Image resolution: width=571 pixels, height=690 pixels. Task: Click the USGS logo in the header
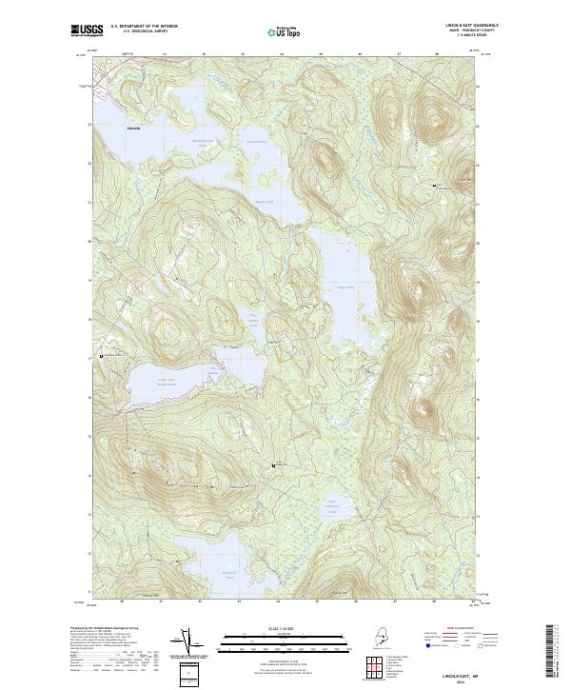click(x=87, y=30)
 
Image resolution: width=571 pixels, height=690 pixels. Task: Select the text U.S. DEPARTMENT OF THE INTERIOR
click(x=144, y=26)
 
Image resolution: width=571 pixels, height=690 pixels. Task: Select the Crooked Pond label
click(x=257, y=142)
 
